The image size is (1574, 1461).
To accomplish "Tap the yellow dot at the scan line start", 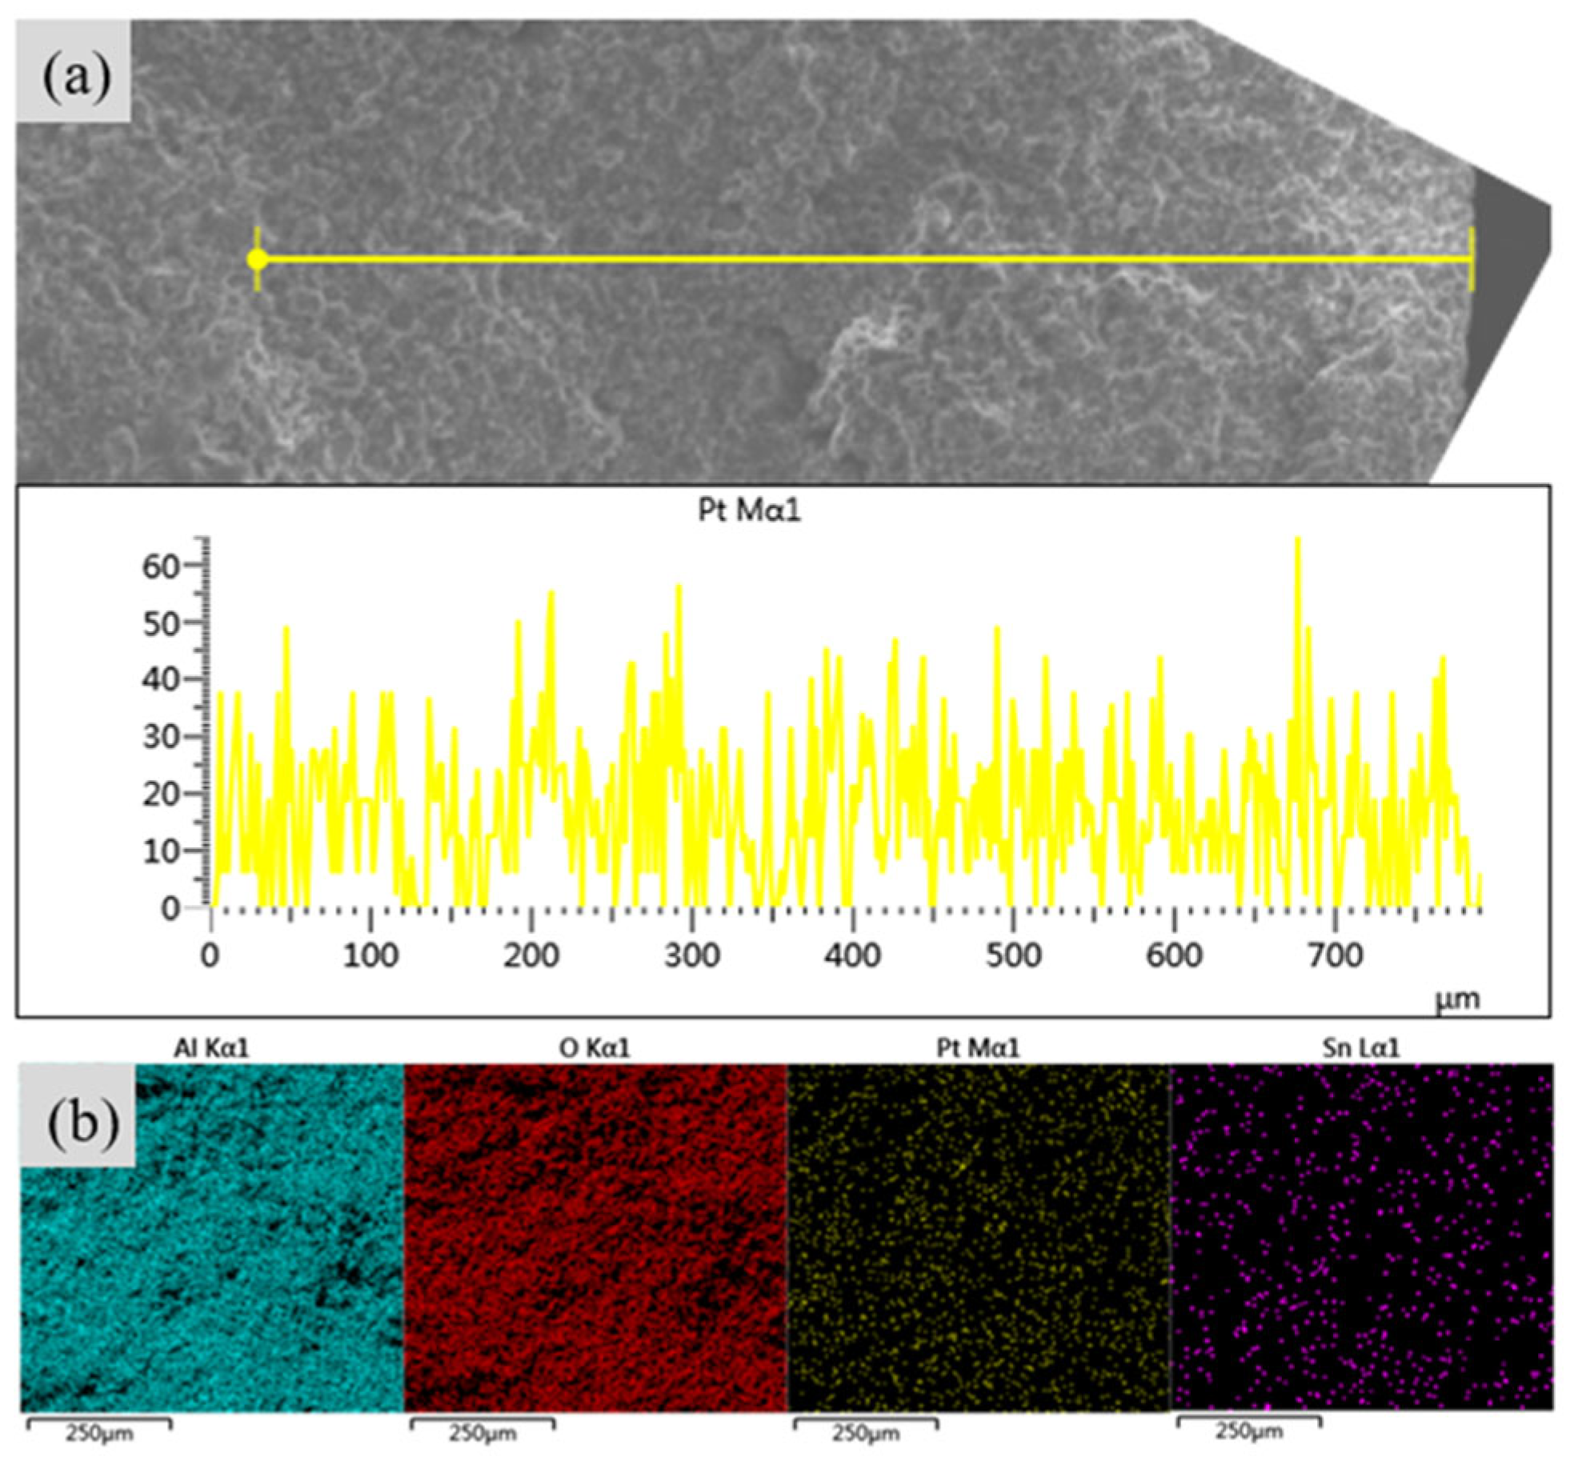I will (257, 259).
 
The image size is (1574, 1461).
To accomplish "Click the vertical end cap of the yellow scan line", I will (1472, 259).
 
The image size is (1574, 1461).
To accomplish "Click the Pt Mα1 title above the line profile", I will (749, 510).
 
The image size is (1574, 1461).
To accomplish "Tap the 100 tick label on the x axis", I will (370, 955).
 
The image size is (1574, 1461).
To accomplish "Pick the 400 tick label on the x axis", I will (853, 955).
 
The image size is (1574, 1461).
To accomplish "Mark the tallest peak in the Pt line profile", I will (1297, 538).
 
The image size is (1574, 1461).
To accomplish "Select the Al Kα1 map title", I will (211, 1048).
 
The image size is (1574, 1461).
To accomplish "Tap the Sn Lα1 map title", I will (1360, 1048).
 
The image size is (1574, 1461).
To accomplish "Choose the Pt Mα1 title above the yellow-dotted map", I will (978, 1048).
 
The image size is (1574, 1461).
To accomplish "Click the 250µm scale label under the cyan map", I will (99, 1433).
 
